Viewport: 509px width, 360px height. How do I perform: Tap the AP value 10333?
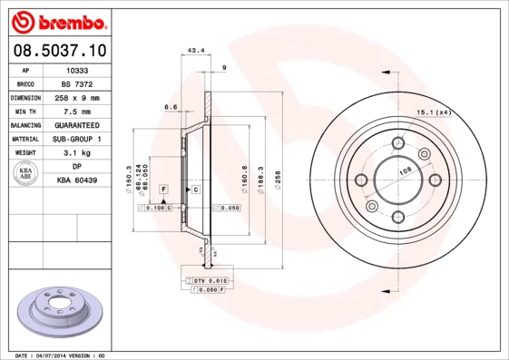tap(77, 69)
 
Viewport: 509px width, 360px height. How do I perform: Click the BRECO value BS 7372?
tap(77, 83)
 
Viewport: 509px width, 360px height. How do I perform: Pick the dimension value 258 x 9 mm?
tap(77, 97)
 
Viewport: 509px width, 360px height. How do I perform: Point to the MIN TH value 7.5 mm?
tap(77, 111)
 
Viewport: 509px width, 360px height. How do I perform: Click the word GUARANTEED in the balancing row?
tap(77, 125)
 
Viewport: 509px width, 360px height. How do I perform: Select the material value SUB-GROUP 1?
tap(77, 139)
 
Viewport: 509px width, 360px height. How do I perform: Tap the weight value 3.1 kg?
tap(77, 153)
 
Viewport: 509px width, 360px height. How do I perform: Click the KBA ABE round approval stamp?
tap(26, 174)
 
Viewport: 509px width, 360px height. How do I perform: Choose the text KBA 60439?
tap(77, 181)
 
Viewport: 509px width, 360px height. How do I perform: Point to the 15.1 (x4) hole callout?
tap(434, 112)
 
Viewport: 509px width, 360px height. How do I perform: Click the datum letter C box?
tap(194, 188)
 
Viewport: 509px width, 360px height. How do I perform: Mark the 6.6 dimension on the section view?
tap(170, 107)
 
